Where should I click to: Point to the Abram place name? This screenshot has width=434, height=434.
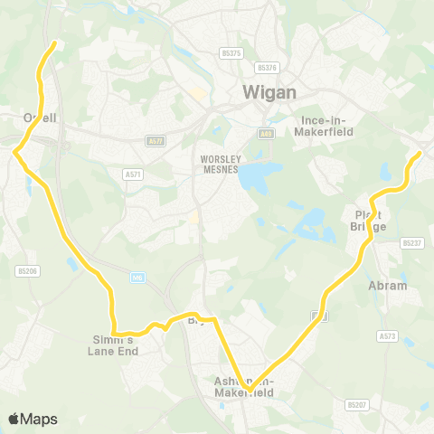[389, 286]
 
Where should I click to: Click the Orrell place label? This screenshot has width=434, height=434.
[40, 118]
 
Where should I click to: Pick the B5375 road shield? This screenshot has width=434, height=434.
[231, 53]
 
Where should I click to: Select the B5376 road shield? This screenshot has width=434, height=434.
[266, 67]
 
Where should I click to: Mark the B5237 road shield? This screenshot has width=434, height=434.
[411, 243]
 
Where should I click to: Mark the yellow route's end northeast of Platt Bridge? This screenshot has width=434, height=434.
[420, 155]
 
